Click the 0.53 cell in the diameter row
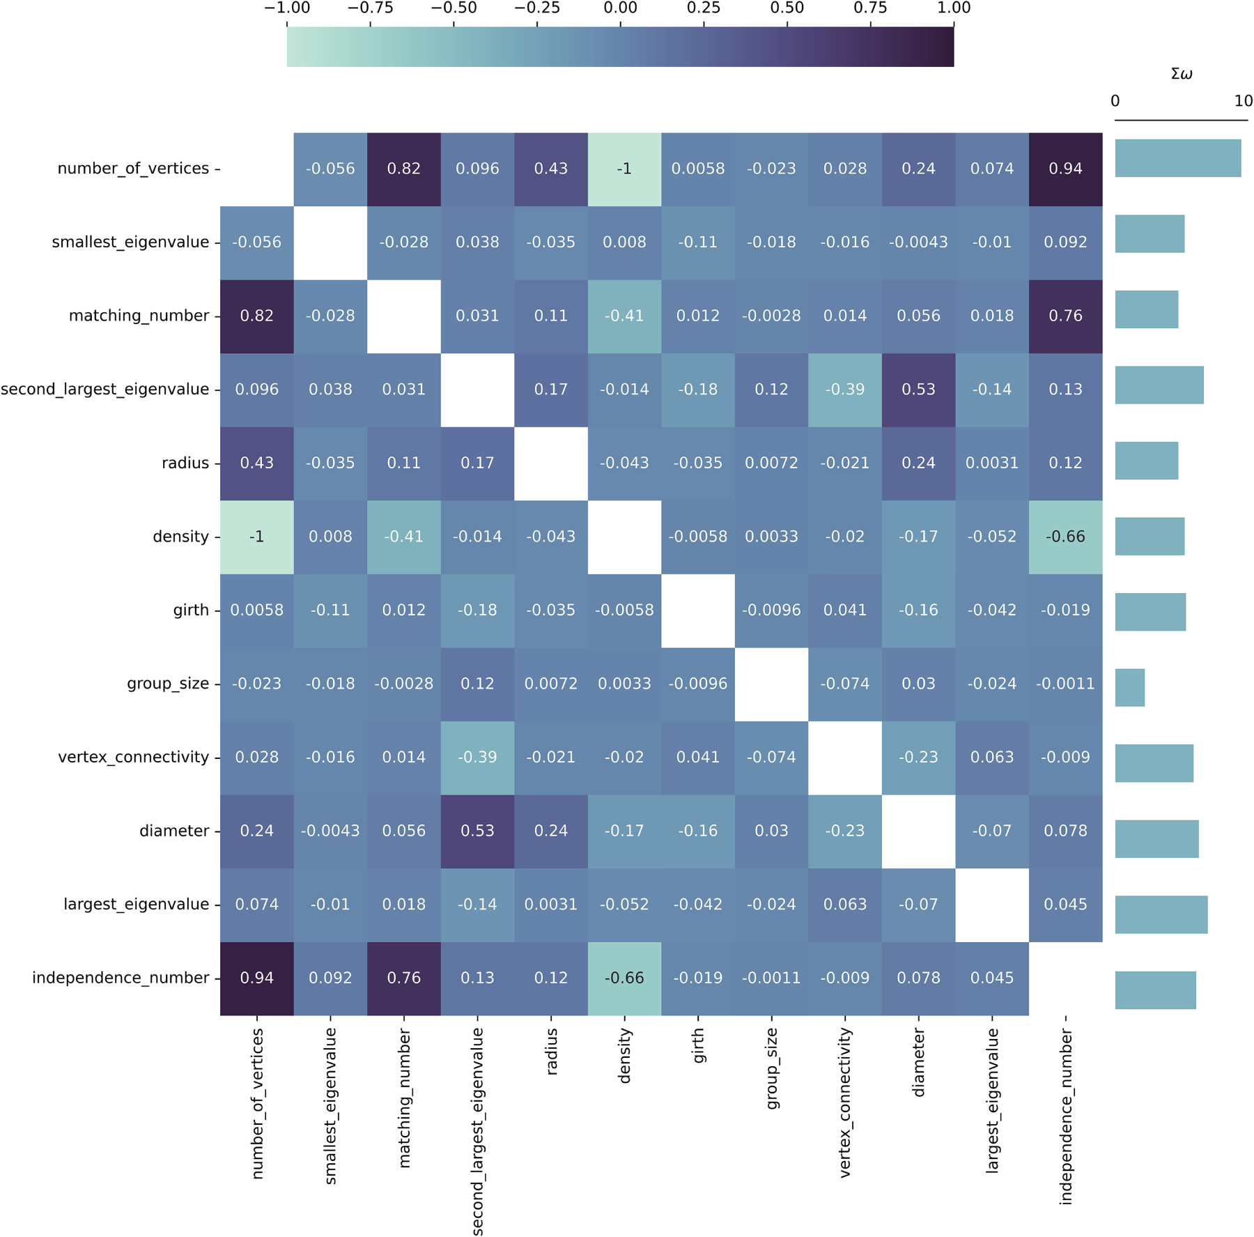coord(477,831)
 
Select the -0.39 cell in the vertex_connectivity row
coord(477,758)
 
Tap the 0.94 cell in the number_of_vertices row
coord(1065,169)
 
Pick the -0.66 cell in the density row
coord(1065,537)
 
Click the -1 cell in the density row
coord(257,537)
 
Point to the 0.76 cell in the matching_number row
coord(1065,316)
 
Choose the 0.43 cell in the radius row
coord(257,463)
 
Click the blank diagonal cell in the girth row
coord(698,610)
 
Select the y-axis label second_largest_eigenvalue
coord(105,389)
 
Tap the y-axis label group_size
coord(168,684)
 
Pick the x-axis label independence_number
coord(1065,1116)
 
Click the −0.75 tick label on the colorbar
coord(370,8)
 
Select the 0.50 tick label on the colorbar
coord(787,8)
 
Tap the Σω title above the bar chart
coord(1182,74)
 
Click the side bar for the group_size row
coord(1129,688)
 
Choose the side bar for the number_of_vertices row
coord(1177,158)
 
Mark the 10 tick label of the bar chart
coord(1243,101)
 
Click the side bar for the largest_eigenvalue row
coord(1161,914)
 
